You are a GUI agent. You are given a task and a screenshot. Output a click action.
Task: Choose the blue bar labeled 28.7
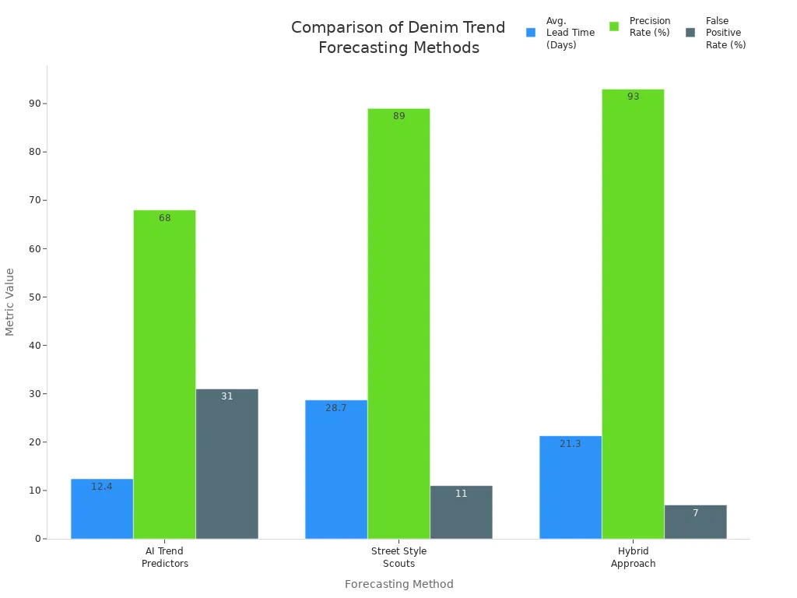336,469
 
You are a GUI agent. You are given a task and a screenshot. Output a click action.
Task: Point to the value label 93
633,97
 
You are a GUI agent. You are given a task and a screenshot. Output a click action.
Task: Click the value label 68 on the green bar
165,218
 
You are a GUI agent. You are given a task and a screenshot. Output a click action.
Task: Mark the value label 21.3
571,444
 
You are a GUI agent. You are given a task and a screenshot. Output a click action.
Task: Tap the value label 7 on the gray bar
696,513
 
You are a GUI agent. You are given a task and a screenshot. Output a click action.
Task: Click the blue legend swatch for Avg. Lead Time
531,33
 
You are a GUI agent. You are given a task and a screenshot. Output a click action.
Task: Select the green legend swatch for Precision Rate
614,26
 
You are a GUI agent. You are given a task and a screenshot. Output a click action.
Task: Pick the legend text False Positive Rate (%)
725,33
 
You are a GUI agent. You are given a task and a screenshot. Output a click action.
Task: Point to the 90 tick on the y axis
35,104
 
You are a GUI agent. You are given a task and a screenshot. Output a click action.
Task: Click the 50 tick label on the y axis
35,297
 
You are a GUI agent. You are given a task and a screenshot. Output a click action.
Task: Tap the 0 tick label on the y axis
37,539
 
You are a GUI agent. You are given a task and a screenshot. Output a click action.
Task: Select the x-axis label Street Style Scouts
398,558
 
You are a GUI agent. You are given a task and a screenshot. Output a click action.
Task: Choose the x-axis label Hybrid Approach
633,558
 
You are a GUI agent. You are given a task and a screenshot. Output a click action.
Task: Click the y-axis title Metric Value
10,301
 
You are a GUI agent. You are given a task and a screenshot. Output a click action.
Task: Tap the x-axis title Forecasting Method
398,584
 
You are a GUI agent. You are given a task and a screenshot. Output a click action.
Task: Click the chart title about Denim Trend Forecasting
398,37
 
